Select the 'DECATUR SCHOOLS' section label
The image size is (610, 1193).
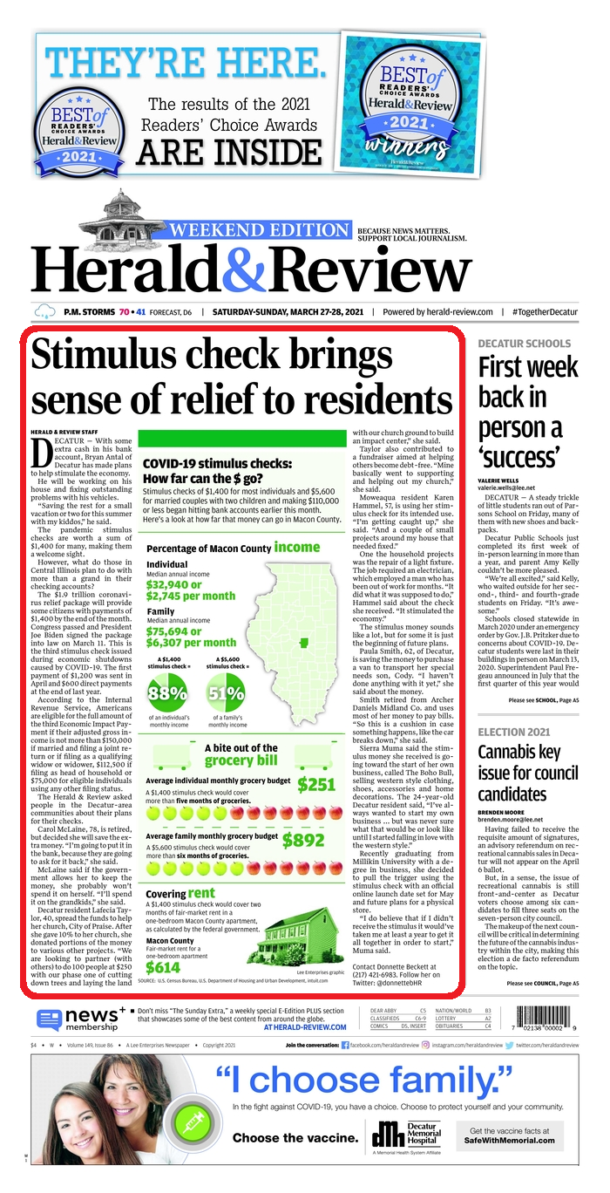(524, 344)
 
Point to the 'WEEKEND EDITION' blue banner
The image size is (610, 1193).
(259, 231)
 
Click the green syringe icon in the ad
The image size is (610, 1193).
(192, 1120)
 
